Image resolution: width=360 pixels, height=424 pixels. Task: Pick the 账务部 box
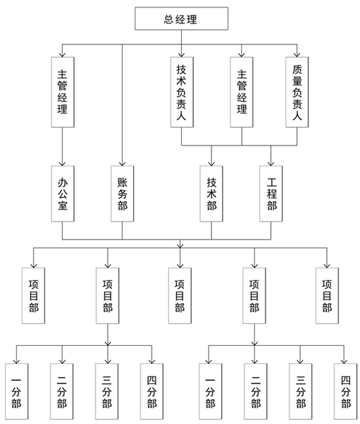[x=122, y=194]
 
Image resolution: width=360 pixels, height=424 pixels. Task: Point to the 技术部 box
[x=211, y=194]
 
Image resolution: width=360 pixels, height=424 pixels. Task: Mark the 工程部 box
[x=271, y=194]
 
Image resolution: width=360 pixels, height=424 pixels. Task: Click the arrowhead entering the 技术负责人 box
[x=181, y=54]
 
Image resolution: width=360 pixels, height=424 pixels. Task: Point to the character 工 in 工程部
[x=271, y=181]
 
